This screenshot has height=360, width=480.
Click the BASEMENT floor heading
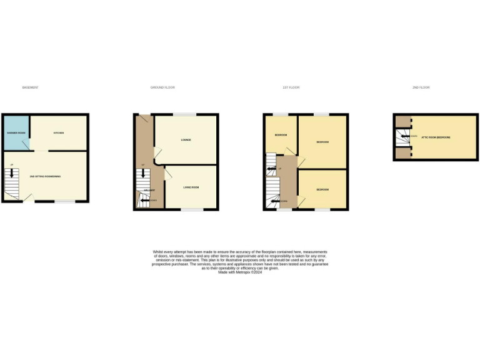pos(30,87)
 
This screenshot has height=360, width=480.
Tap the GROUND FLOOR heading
pos(162,87)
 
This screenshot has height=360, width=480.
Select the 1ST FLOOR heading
pos(291,87)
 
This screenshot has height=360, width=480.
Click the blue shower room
pos(16,133)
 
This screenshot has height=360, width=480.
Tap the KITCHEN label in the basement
pos(59,133)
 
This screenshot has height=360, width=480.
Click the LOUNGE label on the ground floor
pos(186,139)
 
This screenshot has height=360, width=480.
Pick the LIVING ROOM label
pos(191,187)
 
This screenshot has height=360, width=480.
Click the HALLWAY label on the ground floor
pos(149,189)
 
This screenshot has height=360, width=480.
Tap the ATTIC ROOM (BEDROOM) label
pos(436,137)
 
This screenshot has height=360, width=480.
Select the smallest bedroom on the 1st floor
pos(280,135)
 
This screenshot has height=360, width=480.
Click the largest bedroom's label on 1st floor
pos(322,142)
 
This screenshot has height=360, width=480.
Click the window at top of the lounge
pos(183,114)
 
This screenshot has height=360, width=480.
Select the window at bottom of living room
pos(192,209)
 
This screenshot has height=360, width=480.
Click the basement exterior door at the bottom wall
pos(27,201)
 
